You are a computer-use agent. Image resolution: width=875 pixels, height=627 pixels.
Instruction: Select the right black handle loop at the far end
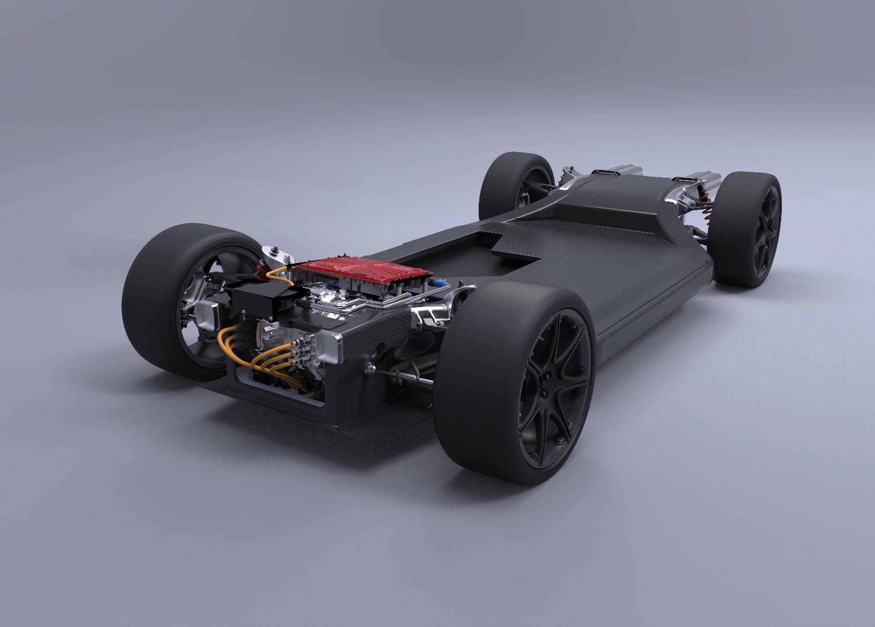pos(684,178)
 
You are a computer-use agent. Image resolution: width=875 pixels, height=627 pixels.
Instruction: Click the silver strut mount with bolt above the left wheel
pos(276,255)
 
